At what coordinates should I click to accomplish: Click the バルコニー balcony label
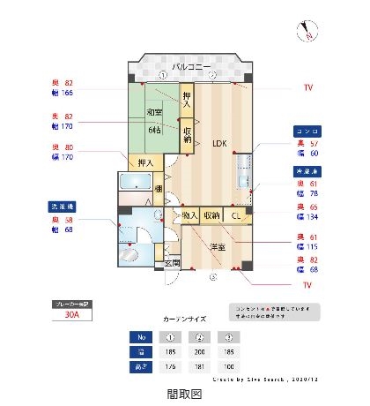tap(190, 67)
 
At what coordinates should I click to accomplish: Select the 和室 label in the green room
tap(155, 112)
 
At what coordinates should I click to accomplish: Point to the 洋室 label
tap(216, 247)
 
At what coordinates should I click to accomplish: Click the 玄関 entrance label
tap(172, 263)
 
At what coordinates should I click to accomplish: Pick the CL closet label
tap(236, 215)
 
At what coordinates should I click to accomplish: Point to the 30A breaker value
tap(72, 312)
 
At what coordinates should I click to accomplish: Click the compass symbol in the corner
tap(309, 31)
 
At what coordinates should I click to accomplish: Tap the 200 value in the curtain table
tap(198, 351)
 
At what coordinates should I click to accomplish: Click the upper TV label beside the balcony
tap(308, 87)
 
